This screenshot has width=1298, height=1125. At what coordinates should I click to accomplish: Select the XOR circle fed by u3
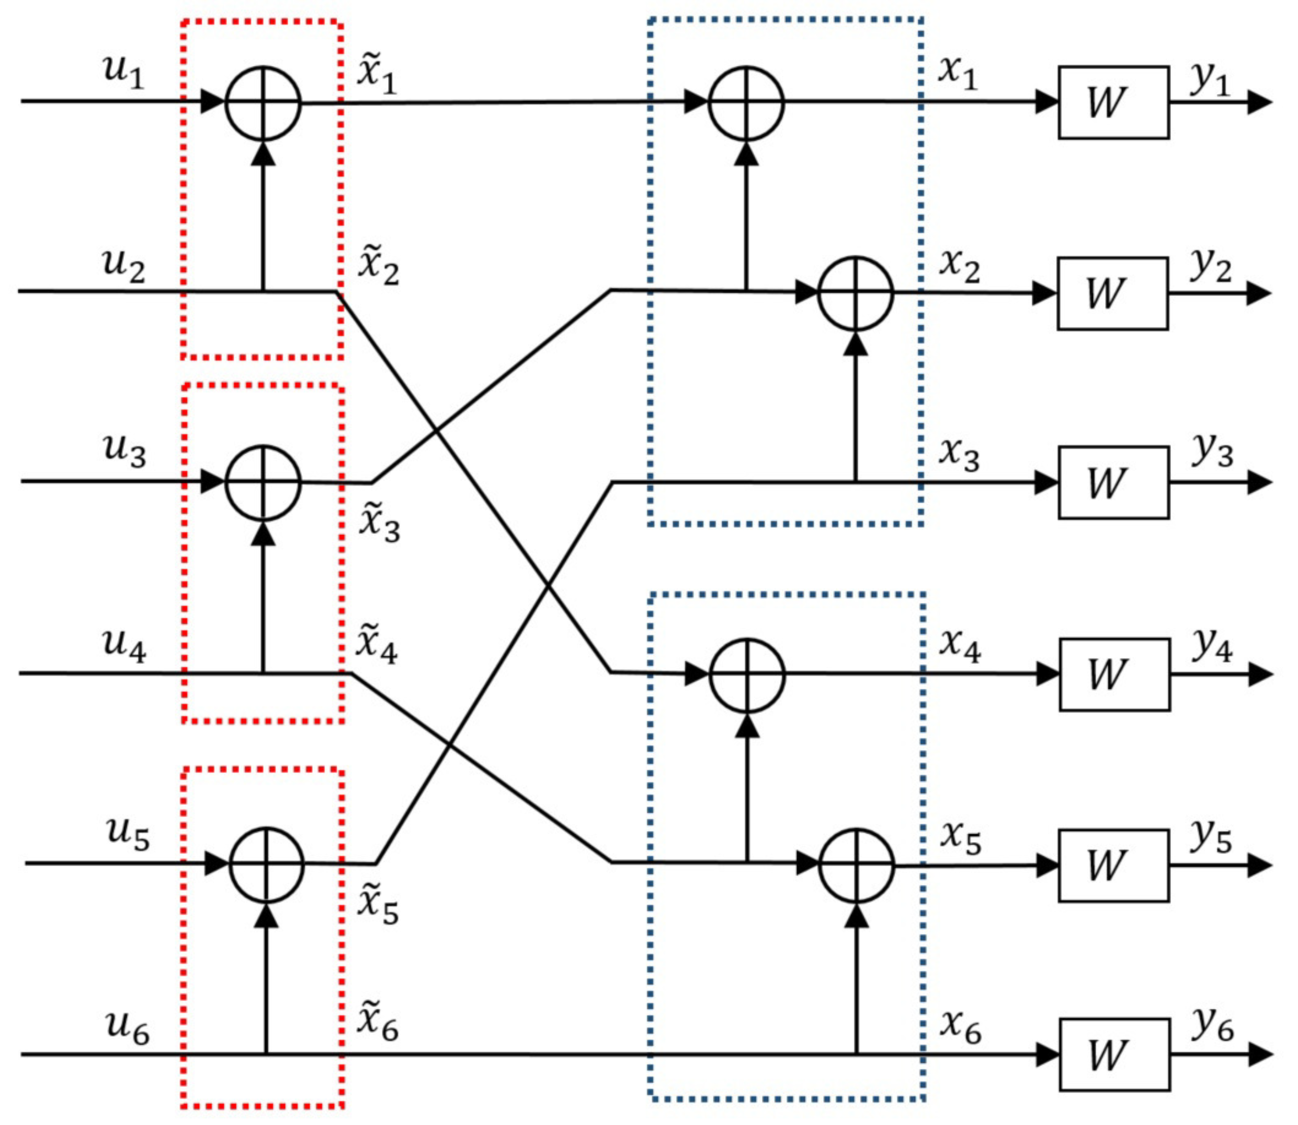263,483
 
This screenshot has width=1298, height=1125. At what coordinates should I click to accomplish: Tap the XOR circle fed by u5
267,865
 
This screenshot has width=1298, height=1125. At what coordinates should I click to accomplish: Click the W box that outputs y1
1113,103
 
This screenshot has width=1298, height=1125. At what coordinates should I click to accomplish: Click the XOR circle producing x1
746,103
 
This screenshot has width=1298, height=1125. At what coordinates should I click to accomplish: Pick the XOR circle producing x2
855,293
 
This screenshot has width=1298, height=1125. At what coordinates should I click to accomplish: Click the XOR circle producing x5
856,866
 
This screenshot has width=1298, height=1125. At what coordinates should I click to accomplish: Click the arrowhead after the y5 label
1258,866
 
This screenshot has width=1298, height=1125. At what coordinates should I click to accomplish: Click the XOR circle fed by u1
263,103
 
